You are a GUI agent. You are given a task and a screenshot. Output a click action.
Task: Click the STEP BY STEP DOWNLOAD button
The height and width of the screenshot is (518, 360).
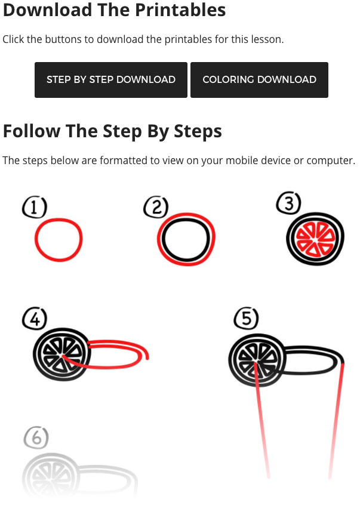[x=110, y=79]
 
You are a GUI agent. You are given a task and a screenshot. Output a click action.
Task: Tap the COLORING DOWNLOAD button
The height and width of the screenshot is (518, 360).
[x=259, y=79]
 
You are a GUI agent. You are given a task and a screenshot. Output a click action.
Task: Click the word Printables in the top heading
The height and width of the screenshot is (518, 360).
[x=180, y=10]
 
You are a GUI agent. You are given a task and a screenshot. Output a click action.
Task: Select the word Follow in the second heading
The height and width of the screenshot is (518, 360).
[x=32, y=131]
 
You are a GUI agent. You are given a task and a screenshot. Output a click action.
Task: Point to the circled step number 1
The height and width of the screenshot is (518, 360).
[x=35, y=208]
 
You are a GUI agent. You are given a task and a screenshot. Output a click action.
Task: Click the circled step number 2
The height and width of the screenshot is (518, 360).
[x=156, y=207]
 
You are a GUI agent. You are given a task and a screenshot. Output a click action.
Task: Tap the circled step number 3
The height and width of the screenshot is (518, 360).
[x=288, y=203]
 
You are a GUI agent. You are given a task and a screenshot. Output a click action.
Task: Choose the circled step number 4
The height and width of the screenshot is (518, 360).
[x=35, y=319]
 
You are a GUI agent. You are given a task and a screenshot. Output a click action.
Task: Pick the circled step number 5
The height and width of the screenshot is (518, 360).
[x=247, y=318]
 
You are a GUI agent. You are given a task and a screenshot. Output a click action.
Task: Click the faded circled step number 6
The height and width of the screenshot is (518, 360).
[x=36, y=437]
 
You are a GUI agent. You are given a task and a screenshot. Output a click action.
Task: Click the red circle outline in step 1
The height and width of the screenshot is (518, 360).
[x=36, y=240]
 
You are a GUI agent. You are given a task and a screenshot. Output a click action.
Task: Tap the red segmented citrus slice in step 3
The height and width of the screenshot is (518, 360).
[x=315, y=239]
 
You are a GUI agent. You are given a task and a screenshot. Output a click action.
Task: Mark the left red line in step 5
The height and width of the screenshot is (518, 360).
[x=261, y=420]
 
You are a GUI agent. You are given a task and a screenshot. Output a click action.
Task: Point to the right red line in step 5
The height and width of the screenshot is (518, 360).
[x=337, y=420]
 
